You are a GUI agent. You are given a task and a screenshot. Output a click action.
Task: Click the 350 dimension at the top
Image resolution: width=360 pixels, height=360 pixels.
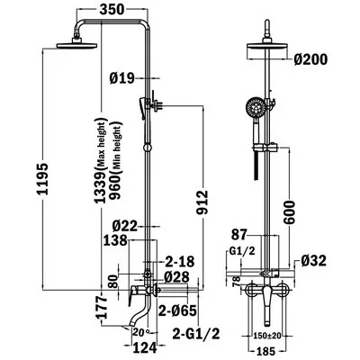click(x=112, y=9)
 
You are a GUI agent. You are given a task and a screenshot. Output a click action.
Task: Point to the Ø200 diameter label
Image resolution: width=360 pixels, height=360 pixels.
click(x=310, y=59)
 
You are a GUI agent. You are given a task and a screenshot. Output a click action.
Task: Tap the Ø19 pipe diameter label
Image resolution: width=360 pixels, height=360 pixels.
click(x=121, y=78)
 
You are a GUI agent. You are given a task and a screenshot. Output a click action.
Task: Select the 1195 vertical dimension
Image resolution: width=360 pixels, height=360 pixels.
click(x=42, y=179)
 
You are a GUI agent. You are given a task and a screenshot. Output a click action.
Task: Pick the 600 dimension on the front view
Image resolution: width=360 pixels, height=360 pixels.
click(x=289, y=212)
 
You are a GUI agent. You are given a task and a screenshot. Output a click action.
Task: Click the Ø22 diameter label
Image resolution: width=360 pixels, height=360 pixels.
click(x=125, y=226)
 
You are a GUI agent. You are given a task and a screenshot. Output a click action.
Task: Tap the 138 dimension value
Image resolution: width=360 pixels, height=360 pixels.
click(x=115, y=240)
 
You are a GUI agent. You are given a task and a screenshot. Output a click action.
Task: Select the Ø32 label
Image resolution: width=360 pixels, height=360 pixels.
click(x=313, y=261)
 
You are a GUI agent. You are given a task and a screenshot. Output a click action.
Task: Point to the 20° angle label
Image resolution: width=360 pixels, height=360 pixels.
click(x=141, y=332)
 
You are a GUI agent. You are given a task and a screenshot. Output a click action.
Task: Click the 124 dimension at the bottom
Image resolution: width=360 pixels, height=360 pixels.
click(x=145, y=347)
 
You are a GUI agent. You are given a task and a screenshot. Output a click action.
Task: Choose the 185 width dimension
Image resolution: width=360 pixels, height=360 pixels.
click(x=266, y=350)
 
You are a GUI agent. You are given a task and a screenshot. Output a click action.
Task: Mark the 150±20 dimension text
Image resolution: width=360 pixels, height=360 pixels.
click(x=267, y=335)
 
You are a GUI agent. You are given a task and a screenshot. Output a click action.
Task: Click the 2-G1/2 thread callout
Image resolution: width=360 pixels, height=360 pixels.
click(x=196, y=334)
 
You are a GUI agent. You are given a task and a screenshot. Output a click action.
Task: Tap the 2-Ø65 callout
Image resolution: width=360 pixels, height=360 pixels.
click(x=177, y=310)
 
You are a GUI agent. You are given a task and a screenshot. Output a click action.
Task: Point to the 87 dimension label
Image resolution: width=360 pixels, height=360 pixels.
click(x=238, y=235)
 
